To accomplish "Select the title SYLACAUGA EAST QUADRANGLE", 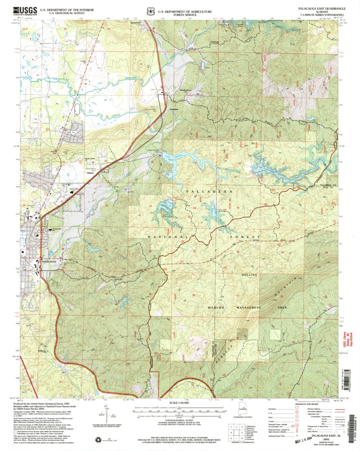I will [x=321, y=8].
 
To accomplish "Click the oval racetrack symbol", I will [x=77, y=109].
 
